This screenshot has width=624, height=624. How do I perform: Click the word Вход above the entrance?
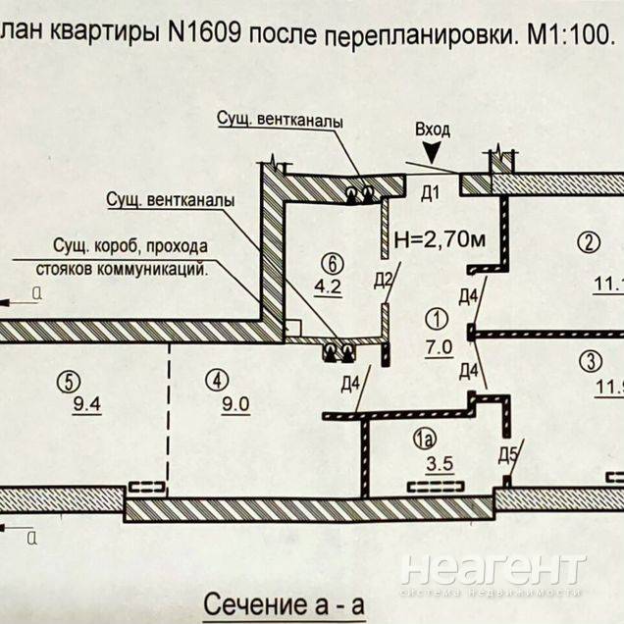[433, 129]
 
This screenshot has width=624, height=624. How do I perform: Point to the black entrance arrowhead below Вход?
[436, 149]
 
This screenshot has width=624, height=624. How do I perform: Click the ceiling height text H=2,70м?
[440, 237]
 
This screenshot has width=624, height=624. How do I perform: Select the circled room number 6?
[333, 263]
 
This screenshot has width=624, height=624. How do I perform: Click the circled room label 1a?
[424, 442]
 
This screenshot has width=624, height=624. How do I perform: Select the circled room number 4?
[217, 376]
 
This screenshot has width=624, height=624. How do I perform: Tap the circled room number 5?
[67, 376]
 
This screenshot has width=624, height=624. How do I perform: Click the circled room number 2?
[588, 242]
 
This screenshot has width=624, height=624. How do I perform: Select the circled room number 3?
[589, 359]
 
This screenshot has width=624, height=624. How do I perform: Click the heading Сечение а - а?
[283, 604]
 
